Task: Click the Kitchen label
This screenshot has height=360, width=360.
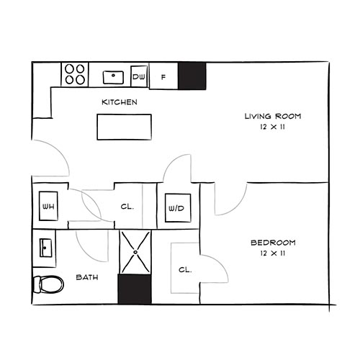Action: [x=119, y=102]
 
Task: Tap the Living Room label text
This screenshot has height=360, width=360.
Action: [x=272, y=116]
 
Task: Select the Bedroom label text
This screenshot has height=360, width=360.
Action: [x=272, y=243]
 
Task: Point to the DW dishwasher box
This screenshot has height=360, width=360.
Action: [x=140, y=76]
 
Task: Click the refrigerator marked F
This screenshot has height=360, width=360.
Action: [x=163, y=76]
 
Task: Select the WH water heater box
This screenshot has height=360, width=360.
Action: [x=48, y=207]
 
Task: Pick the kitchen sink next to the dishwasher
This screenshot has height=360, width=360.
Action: [x=113, y=75]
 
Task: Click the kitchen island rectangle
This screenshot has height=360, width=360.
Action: [x=125, y=127]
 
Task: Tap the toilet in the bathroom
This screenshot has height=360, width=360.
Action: [x=48, y=284]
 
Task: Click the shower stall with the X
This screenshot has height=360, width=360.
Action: [x=135, y=252]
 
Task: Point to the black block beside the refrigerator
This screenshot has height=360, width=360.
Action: [x=192, y=75]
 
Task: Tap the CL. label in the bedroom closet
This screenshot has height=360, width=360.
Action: [x=185, y=270]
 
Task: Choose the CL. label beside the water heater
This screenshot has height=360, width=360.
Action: [x=127, y=207]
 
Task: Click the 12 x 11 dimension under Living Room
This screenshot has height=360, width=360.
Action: [x=272, y=127]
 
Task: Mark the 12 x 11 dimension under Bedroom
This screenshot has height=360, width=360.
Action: [x=272, y=253]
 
